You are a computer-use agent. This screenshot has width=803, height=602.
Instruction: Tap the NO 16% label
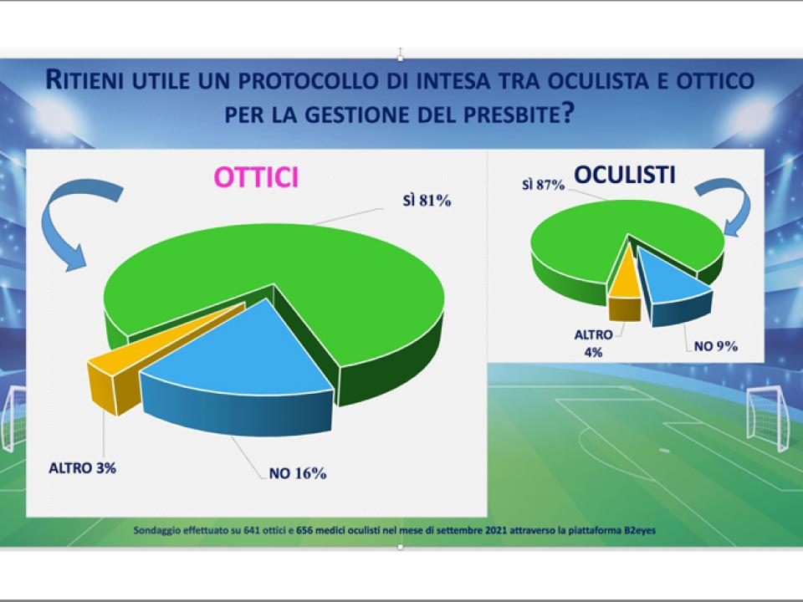[x=297, y=473]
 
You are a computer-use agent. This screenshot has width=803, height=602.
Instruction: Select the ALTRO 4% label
[x=594, y=342]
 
